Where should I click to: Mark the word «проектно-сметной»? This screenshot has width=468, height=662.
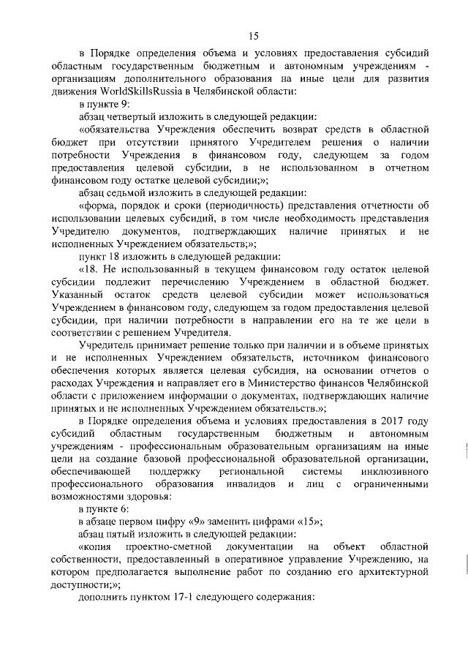[166, 548]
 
